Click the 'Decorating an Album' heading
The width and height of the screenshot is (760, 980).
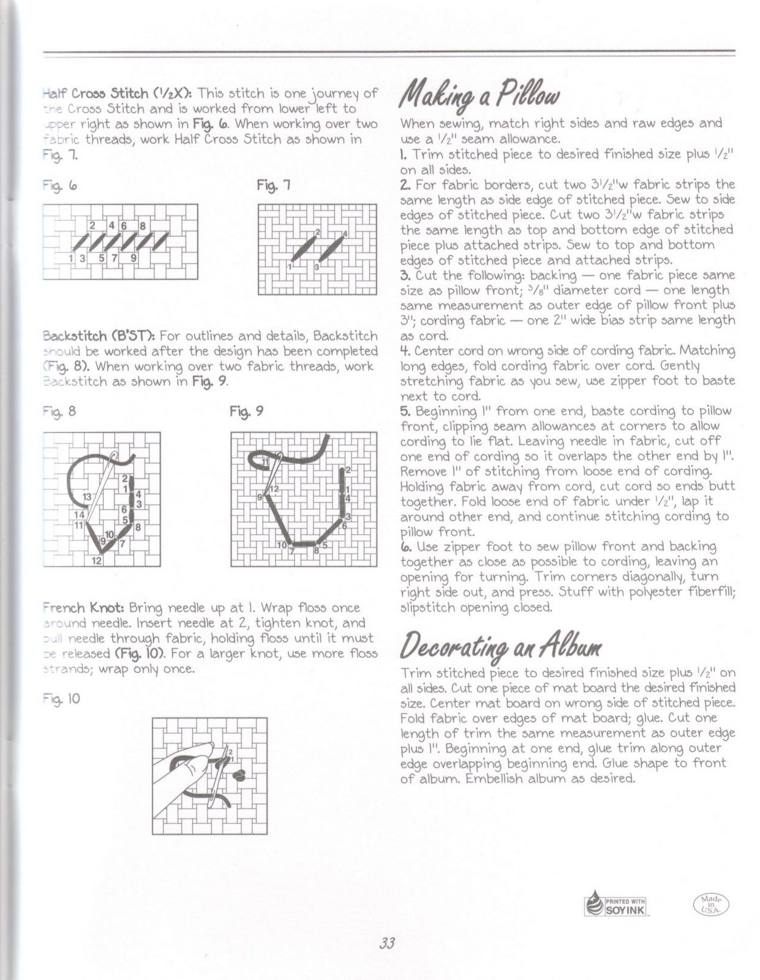click(x=501, y=644)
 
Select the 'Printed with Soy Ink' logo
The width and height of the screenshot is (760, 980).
click(x=617, y=904)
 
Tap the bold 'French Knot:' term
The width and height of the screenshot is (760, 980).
click(x=84, y=608)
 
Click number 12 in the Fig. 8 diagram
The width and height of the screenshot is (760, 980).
click(x=97, y=560)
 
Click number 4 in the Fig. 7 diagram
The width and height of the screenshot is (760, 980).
click(x=345, y=233)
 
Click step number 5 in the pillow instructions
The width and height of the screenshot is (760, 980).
click(x=404, y=411)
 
